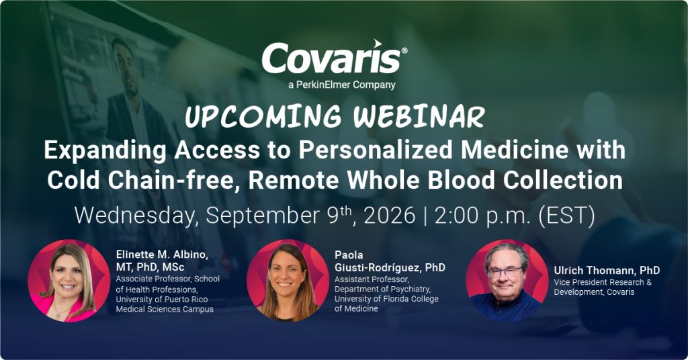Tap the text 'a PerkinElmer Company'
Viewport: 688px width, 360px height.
pos(342,85)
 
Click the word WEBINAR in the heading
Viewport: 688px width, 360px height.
pos(419,117)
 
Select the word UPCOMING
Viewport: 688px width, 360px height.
pos(263,117)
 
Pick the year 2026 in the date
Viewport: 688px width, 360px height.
pos(390,216)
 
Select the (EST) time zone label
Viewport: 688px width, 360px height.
pos(566,216)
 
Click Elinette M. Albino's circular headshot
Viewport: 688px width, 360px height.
pos(69,280)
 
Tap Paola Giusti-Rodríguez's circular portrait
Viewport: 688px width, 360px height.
pos(288,280)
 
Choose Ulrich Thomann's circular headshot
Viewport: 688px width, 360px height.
pos(507,280)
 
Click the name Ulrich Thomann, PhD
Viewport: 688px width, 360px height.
pos(607,270)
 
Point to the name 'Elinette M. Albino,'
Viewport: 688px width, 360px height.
pos(162,255)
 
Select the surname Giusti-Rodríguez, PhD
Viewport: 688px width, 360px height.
pos(390,267)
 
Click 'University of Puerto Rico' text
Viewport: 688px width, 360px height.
pos(162,300)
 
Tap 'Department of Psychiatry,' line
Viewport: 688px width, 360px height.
pos(382,289)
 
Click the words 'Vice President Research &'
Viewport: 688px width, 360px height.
pos(603,282)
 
